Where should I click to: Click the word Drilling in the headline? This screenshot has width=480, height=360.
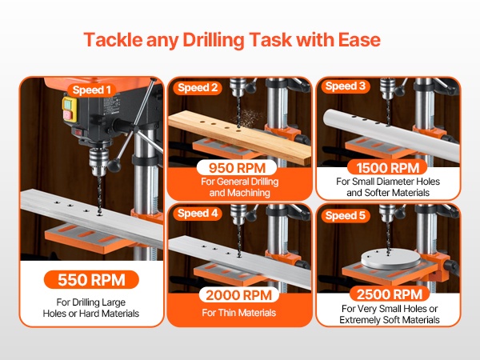(213, 40)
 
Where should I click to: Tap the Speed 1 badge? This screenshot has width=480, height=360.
(91, 90)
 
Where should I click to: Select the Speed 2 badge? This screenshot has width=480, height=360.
(198, 88)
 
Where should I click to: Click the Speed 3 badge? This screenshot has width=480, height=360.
(346, 86)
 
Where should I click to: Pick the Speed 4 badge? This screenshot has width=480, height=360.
(198, 213)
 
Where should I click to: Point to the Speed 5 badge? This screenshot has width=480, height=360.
(346, 215)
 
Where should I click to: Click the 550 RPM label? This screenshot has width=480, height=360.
(91, 279)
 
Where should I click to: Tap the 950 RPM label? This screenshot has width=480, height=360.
(237, 168)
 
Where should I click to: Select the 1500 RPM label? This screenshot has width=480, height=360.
(387, 168)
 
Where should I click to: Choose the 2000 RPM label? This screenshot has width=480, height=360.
(238, 295)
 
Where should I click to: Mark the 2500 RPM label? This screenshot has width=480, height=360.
(390, 294)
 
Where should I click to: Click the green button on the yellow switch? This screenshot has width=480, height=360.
(68, 104)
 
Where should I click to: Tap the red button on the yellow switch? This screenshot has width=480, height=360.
(68, 115)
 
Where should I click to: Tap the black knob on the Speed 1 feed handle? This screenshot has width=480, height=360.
(114, 166)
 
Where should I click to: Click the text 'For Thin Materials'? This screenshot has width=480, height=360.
(238, 313)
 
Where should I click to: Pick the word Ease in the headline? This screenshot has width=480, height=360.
(359, 40)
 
